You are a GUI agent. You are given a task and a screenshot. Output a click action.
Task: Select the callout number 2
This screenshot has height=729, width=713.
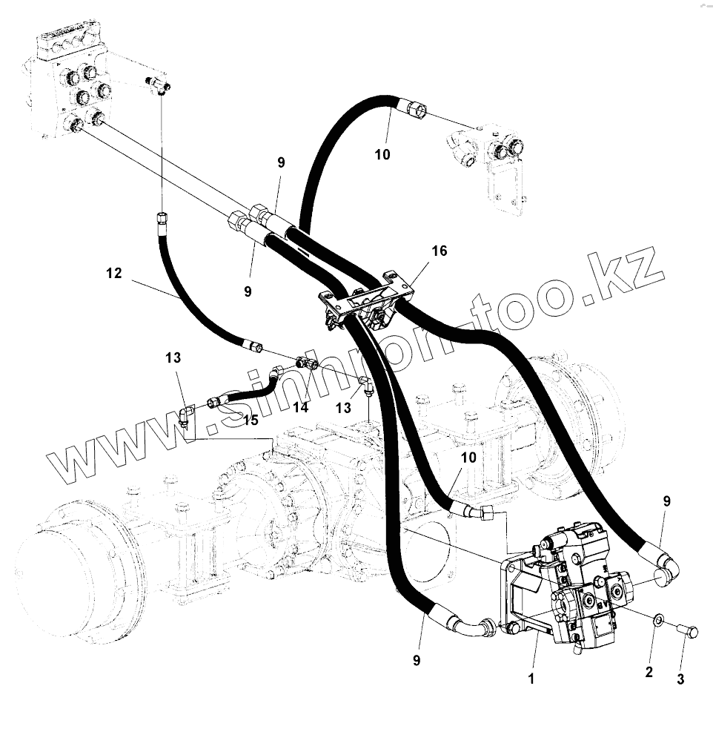(649, 672)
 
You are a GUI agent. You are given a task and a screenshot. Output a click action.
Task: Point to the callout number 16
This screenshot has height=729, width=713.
(439, 251)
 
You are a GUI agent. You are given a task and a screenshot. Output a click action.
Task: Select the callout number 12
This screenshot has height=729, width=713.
(113, 273)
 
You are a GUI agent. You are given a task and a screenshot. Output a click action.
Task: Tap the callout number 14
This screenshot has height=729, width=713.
(300, 406)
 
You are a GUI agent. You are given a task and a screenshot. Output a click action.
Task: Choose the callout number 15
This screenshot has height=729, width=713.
(251, 420)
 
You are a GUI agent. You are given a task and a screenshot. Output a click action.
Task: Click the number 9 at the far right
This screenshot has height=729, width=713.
(666, 501)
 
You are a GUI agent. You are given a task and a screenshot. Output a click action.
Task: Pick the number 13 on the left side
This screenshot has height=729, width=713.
(173, 359)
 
